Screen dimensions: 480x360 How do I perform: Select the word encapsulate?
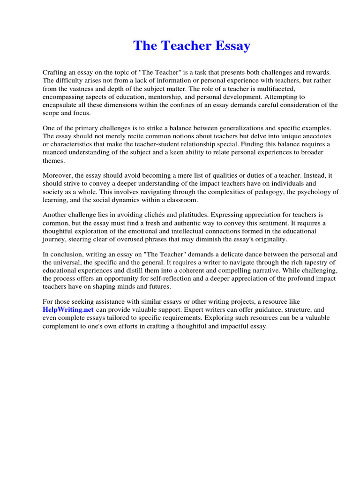point(64,105)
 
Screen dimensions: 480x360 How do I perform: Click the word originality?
point(268,239)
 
